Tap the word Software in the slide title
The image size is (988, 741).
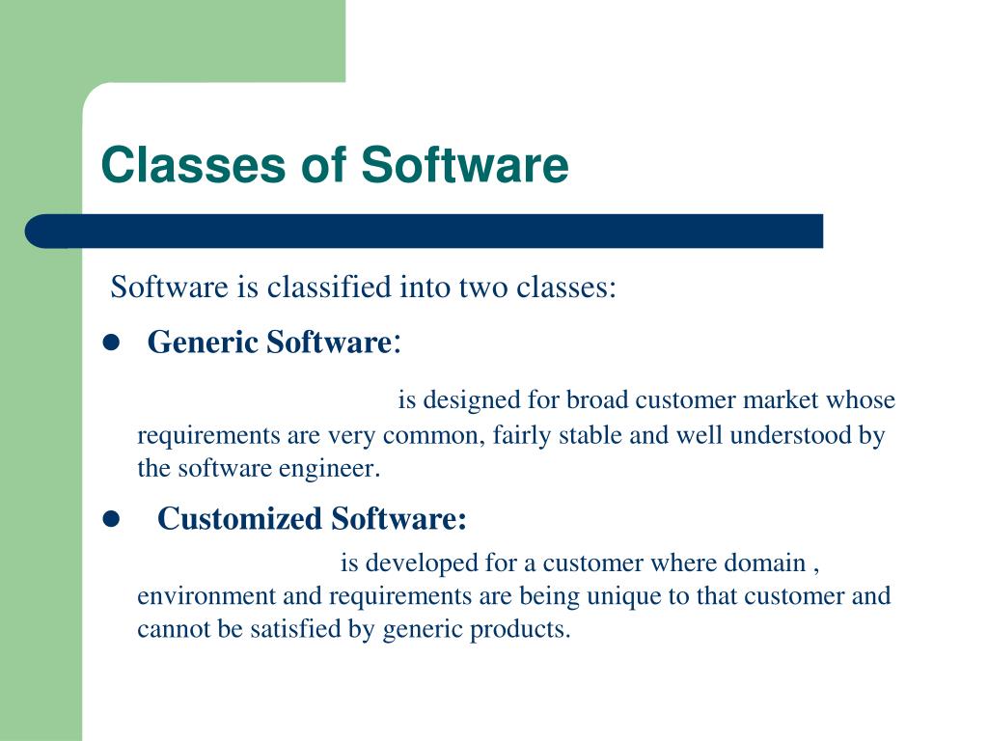[x=465, y=165]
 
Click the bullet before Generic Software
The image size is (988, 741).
[x=109, y=343]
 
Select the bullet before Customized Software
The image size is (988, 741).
[x=109, y=520]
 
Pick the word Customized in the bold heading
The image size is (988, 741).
[x=240, y=519]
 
